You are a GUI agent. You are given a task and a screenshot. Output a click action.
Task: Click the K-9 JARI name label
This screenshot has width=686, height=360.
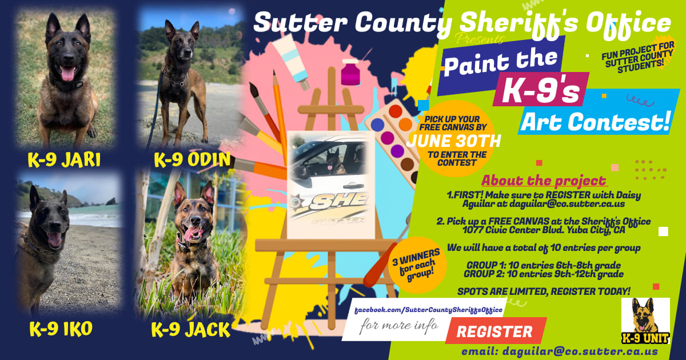(x=64, y=160)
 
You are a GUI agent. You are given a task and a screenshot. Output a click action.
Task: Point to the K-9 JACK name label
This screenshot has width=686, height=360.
(x=190, y=330)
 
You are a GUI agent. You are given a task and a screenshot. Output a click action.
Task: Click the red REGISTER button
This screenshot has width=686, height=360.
(x=494, y=331)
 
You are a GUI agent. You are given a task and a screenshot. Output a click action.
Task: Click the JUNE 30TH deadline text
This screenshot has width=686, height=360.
(x=454, y=141)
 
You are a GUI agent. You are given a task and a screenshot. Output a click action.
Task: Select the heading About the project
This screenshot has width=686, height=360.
(x=544, y=181)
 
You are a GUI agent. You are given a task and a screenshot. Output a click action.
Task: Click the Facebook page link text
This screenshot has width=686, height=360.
(x=429, y=309)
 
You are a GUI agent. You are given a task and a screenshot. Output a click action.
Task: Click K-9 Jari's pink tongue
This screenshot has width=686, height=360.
(x=67, y=73)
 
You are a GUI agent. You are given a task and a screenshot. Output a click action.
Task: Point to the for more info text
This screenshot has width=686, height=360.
(x=399, y=327)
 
